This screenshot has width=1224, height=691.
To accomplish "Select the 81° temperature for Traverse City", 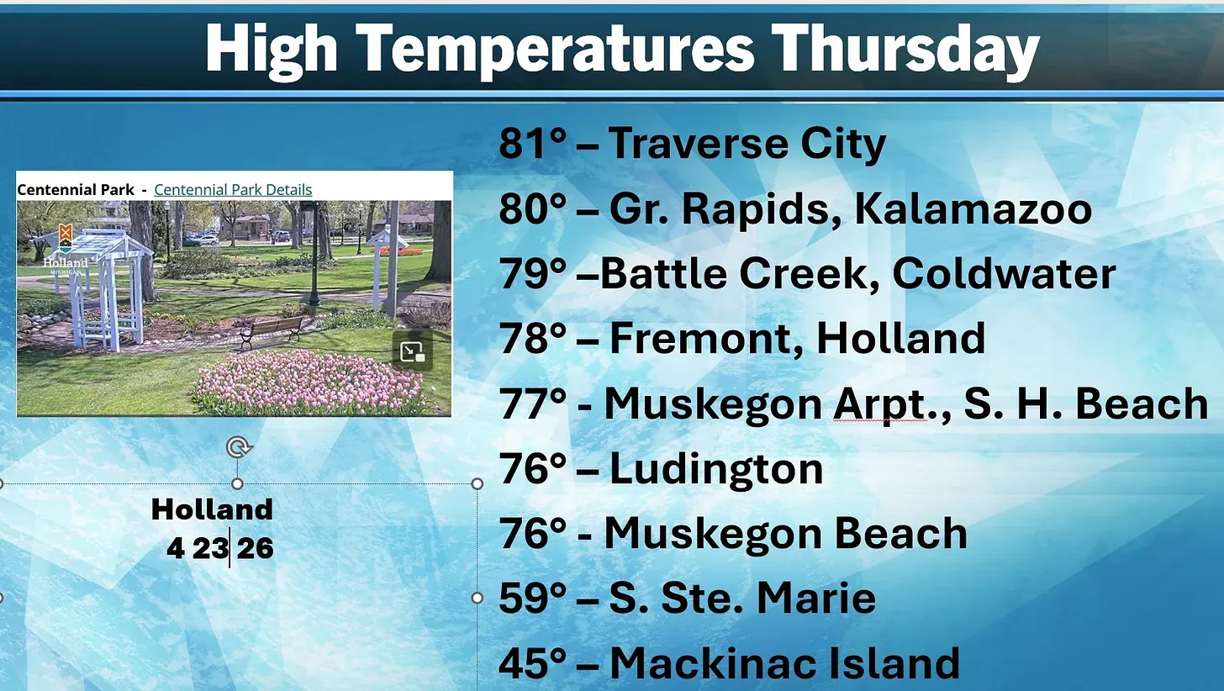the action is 532,143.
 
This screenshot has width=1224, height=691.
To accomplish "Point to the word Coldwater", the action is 1004,273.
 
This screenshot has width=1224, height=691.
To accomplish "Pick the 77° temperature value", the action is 532,404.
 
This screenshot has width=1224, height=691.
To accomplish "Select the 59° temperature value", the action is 532,599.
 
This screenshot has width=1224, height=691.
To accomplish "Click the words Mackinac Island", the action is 784,663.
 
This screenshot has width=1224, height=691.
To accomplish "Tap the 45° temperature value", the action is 532,663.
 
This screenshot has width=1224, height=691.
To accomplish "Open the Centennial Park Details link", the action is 233,189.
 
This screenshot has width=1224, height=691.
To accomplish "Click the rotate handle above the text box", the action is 238,447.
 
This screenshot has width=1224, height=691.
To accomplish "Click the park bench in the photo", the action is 272,331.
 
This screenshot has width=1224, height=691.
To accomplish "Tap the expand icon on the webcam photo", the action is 413,351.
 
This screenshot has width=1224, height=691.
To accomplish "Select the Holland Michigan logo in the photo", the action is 66,249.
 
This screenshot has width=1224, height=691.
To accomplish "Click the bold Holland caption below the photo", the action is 212,509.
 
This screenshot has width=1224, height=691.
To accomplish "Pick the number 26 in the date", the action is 256,548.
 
